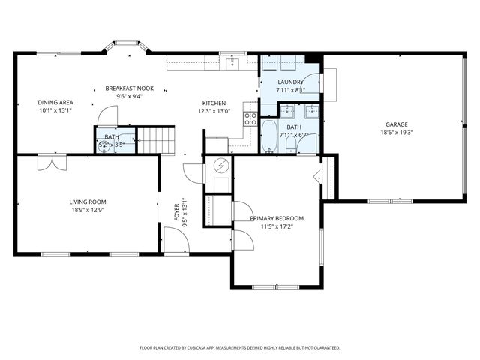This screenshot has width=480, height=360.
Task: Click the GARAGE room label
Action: (396, 124)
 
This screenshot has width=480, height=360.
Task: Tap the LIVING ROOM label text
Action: (88, 202)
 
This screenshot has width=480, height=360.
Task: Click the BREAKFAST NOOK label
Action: (129, 88)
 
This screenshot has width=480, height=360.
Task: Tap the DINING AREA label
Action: (55, 102)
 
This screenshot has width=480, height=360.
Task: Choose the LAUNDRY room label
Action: (290, 82)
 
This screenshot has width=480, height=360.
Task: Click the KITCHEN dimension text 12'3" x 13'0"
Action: (214, 111)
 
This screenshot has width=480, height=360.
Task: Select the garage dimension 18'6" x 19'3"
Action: (396, 133)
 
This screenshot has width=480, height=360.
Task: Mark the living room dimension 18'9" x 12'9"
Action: (88, 210)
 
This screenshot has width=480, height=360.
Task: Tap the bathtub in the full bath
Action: (268, 136)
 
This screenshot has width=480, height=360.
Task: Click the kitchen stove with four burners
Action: (250, 118)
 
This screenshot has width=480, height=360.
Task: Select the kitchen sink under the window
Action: (232, 61)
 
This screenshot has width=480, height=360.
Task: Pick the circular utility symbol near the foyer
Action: (220, 166)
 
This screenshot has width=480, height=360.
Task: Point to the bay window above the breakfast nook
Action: (125, 46)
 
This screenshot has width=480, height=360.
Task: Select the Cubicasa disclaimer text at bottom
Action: (240, 348)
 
